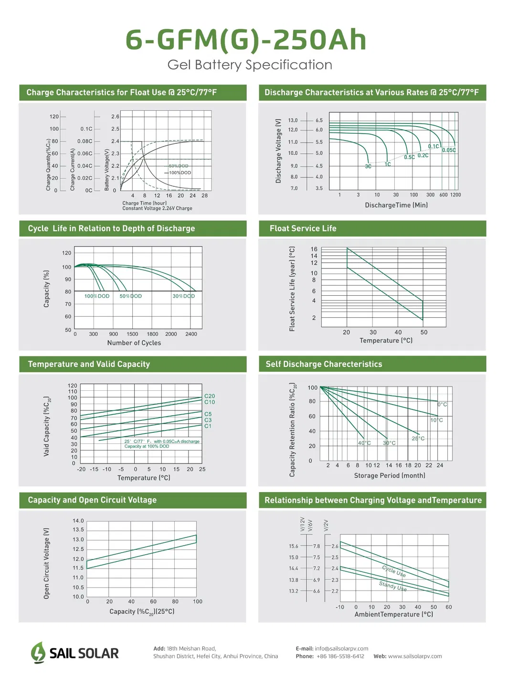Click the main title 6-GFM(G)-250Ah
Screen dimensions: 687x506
point(246,40)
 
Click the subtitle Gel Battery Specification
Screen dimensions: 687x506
point(250,65)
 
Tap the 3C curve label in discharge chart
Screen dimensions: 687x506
point(368,167)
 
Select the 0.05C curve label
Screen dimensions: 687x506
point(449,150)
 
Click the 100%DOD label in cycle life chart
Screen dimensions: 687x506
point(97,296)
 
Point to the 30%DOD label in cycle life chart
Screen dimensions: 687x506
point(183,296)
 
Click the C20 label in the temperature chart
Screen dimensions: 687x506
point(210,396)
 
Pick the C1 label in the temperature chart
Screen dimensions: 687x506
point(208,426)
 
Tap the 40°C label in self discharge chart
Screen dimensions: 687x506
point(364,443)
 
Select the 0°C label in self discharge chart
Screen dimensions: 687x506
point(443,405)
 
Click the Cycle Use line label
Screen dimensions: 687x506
point(394,571)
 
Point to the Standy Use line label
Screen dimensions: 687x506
point(393,586)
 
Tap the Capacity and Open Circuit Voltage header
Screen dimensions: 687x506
point(92,500)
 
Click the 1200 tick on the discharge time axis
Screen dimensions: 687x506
point(455,195)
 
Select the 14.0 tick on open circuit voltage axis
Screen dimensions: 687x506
point(78,521)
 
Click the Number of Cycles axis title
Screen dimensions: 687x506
point(134,343)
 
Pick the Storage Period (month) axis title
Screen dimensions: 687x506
point(390,476)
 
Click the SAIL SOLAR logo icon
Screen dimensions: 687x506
point(38,653)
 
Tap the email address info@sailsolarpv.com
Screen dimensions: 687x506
point(341,649)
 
